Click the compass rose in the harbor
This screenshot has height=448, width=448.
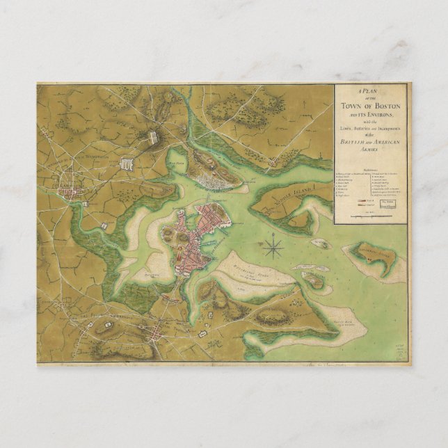(274, 246)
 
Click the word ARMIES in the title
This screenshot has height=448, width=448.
(371, 149)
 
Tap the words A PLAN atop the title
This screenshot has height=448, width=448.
(371, 92)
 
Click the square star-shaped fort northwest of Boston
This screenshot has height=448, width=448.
(127, 163)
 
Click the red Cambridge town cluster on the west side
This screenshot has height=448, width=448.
(70, 189)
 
